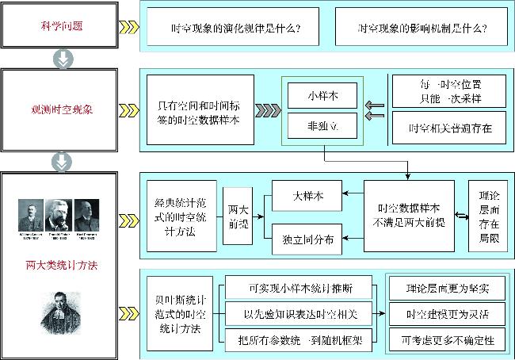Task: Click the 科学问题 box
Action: click(61, 26)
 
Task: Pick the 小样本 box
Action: click(322, 95)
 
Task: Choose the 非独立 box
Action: click(322, 125)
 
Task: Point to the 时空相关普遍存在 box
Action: click(449, 128)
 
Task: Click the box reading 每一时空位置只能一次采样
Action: click(449, 90)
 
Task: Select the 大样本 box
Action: click(307, 193)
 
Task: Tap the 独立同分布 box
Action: click(307, 237)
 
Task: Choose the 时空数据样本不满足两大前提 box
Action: click(409, 215)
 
